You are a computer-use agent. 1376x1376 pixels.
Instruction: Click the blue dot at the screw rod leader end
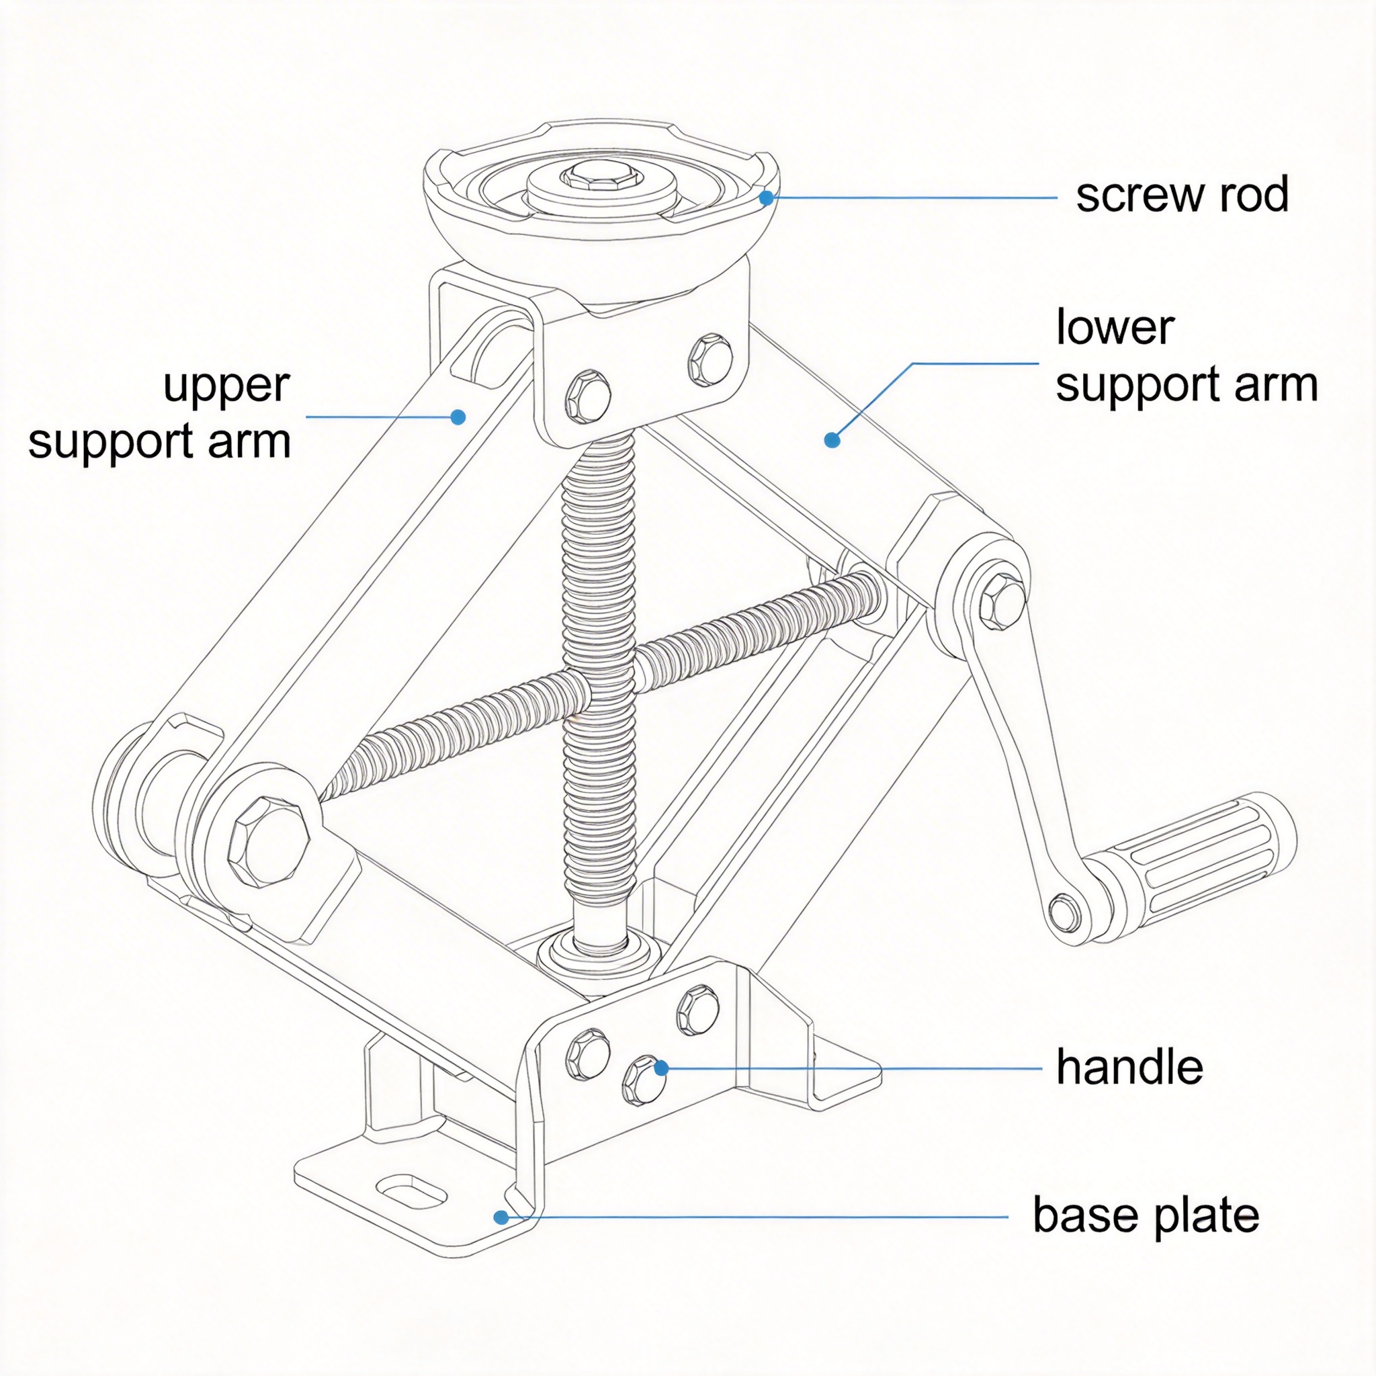766,198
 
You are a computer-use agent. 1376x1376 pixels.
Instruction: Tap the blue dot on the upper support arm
459,417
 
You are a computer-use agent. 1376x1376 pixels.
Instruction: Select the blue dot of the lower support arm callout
832,440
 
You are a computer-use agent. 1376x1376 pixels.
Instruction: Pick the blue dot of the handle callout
661,1068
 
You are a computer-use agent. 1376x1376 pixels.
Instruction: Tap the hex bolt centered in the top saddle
599,176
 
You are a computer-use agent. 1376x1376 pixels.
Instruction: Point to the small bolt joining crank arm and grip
1064,912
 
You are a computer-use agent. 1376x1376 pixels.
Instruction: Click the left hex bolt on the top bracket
588,396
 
